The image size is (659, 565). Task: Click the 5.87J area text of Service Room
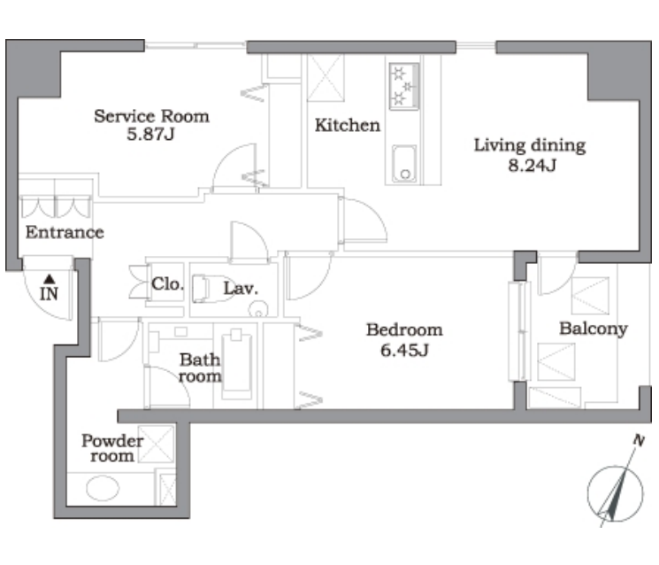(x=150, y=135)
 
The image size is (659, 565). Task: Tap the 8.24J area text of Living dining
(x=533, y=166)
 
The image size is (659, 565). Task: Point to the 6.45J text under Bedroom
(x=404, y=350)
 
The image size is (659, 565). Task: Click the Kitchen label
(x=347, y=126)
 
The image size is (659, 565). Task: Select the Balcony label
(x=593, y=329)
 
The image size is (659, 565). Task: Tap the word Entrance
(x=65, y=232)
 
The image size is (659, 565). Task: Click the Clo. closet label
(x=168, y=284)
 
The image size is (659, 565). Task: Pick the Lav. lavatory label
(x=241, y=288)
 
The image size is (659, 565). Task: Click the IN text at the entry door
(x=49, y=294)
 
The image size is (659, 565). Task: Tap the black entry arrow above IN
(x=50, y=279)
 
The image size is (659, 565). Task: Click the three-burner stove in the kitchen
(x=404, y=86)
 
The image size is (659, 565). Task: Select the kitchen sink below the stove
(x=404, y=164)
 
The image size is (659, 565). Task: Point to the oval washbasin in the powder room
(x=103, y=488)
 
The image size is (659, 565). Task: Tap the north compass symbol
(x=615, y=493)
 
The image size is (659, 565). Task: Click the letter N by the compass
(x=639, y=440)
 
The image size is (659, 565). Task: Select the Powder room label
(x=112, y=448)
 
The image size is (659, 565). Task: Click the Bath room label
(x=200, y=368)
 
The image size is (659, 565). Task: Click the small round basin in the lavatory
(x=258, y=310)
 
